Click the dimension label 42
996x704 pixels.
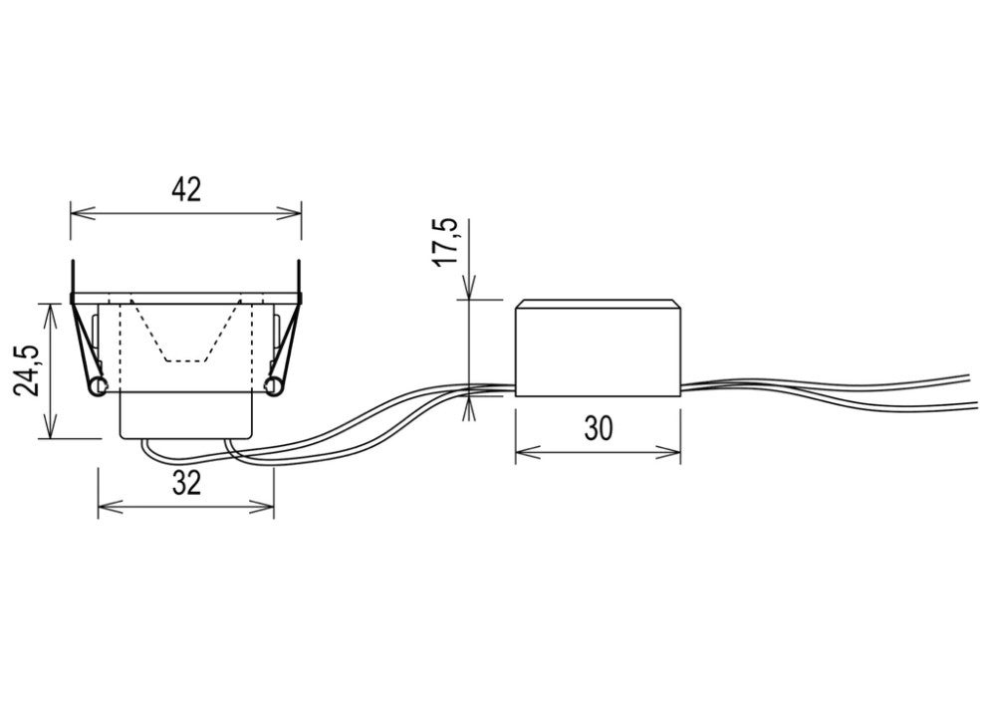click(x=185, y=190)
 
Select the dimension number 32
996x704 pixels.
click(x=186, y=484)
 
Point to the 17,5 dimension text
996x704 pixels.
click(x=446, y=243)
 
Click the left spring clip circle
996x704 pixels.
click(x=98, y=386)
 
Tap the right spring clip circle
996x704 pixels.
click(x=274, y=386)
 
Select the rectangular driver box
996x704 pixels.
click(x=598, y=348)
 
